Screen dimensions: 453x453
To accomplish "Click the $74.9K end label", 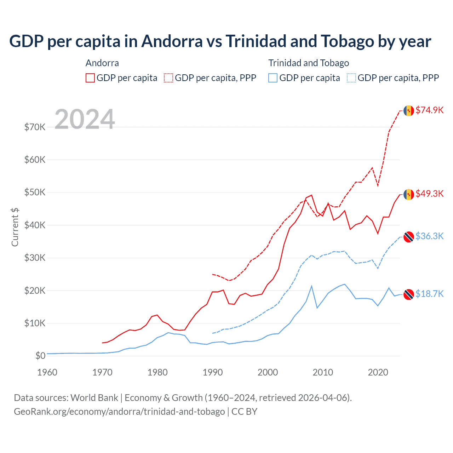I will (x=429, y=110).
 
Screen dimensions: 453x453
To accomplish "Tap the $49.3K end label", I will (x=429, y=194).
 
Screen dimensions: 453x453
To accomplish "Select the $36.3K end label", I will (x=429, y=236).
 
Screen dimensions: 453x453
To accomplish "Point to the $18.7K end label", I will (x=429, y=294).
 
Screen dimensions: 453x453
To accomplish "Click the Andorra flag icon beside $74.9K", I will (x=409, y=110).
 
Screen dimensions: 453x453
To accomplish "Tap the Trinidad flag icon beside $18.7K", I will (x=409, y=294).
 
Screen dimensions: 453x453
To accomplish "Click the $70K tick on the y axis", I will (x=35, y=127).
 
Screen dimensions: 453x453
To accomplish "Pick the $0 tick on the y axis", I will (x=40, y=356).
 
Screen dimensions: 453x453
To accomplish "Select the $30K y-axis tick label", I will (x=35, y=258).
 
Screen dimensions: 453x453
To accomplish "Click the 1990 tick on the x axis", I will (x=213, y=372).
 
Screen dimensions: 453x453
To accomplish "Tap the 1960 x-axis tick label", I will (x=47, y=372).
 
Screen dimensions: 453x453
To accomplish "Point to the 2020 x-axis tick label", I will (x=378, y=372).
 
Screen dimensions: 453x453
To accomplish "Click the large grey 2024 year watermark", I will (x=85, y=119).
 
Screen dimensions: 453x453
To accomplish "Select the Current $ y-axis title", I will (x=15, y=227).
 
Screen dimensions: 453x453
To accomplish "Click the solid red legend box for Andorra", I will (x=90, y=78).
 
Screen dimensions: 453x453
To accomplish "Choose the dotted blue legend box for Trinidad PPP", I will (x=351, y=78).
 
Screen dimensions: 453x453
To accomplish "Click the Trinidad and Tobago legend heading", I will (x=309, y=63).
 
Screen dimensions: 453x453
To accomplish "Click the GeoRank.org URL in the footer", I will (x=119, y=412).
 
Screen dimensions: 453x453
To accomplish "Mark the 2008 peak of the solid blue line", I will (x=311, y=286).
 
